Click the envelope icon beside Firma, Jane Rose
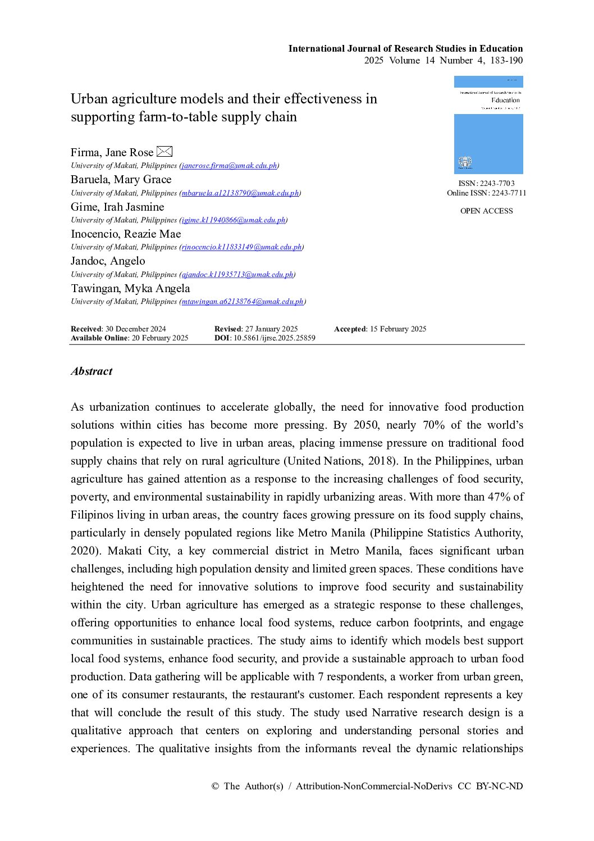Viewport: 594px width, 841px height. coord(165,152)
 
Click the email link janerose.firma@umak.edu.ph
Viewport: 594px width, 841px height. coord(229,166)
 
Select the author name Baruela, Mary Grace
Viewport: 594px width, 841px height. coord(121,180)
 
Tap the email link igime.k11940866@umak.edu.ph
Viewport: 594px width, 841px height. coord(234,220)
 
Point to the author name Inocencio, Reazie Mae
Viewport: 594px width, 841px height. coord(126,234)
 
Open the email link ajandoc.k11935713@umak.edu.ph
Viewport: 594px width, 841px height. coord(237,275)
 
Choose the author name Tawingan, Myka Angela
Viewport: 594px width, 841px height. coord(130,289)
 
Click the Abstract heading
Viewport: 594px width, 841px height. coord(92,371)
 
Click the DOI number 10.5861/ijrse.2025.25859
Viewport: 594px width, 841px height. coord(275,338)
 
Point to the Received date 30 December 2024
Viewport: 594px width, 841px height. coord(135,329)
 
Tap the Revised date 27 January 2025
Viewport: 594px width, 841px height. coord(271,329)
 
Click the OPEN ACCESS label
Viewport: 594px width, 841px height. coord(486,211)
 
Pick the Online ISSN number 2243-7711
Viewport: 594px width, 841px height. coord(509,193)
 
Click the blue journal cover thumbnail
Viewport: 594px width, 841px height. coord(488,125)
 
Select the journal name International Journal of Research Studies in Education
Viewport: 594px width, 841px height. coord(405,49)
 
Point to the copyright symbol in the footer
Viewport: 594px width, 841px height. coord(215,787)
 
